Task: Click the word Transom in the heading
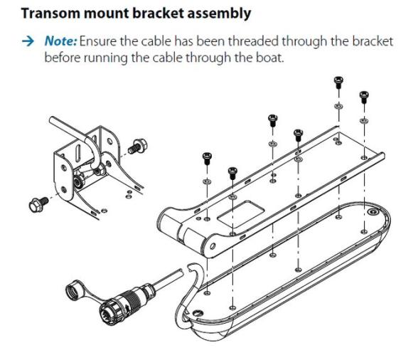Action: pyautogui.click(x=50, y=13)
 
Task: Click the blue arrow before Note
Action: pyautogui.click(x=28, y=41)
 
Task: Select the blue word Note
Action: pyautogui.click(x=60, y=41)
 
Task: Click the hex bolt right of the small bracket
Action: pyautogui.click(x=138, y=146)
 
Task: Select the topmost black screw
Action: pyautogui.click(x=338, y=82)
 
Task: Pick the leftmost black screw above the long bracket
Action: pyautogui.click(x=207, y=158)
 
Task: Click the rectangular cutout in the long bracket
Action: pyautogui.click(x=242, y=213)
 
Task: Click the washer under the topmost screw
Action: pyautogui.click(x=338, y=106)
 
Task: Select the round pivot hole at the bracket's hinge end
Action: pyautogui.click(x=213, y=245)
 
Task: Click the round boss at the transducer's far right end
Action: pyautogui.click(x=373, y=212)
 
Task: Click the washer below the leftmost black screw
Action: pyautogui.click(x=207, y=181)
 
